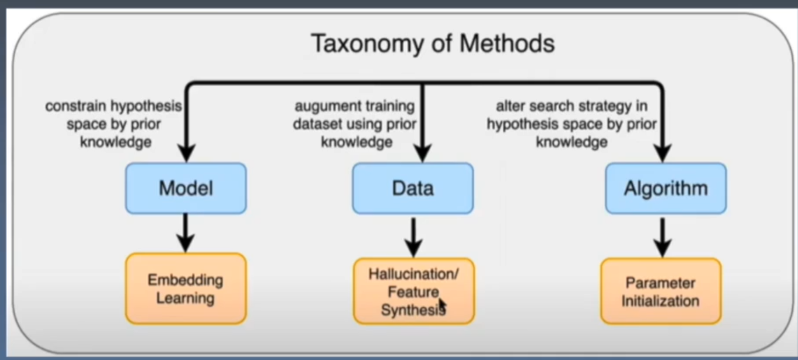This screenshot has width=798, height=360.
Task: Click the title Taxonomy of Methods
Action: coord(432,43)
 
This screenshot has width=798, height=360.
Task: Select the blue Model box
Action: coord(186,188)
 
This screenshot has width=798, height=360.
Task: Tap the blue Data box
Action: coord(413,188)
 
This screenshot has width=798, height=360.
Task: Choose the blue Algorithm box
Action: coord(666,188)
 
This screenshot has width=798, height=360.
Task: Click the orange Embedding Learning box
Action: coord(186,289)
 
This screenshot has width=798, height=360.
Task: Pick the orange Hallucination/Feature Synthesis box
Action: coord(413,291)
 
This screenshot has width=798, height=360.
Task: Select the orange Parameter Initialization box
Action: coord(660,291)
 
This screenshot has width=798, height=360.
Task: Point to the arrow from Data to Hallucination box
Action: coord(413,235)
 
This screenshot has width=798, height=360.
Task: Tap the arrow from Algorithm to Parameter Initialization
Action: coord(662,235)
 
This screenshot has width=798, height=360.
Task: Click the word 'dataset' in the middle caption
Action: coord(320,124)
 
